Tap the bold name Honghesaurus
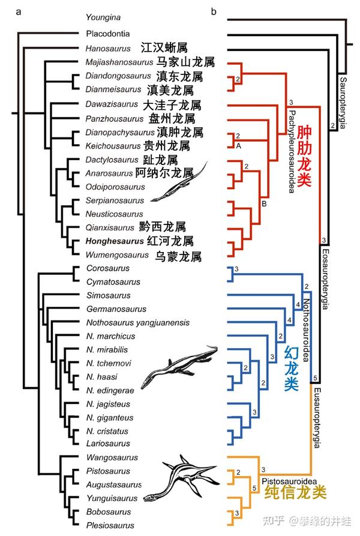[115, 241]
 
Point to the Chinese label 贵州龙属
[169, 146]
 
